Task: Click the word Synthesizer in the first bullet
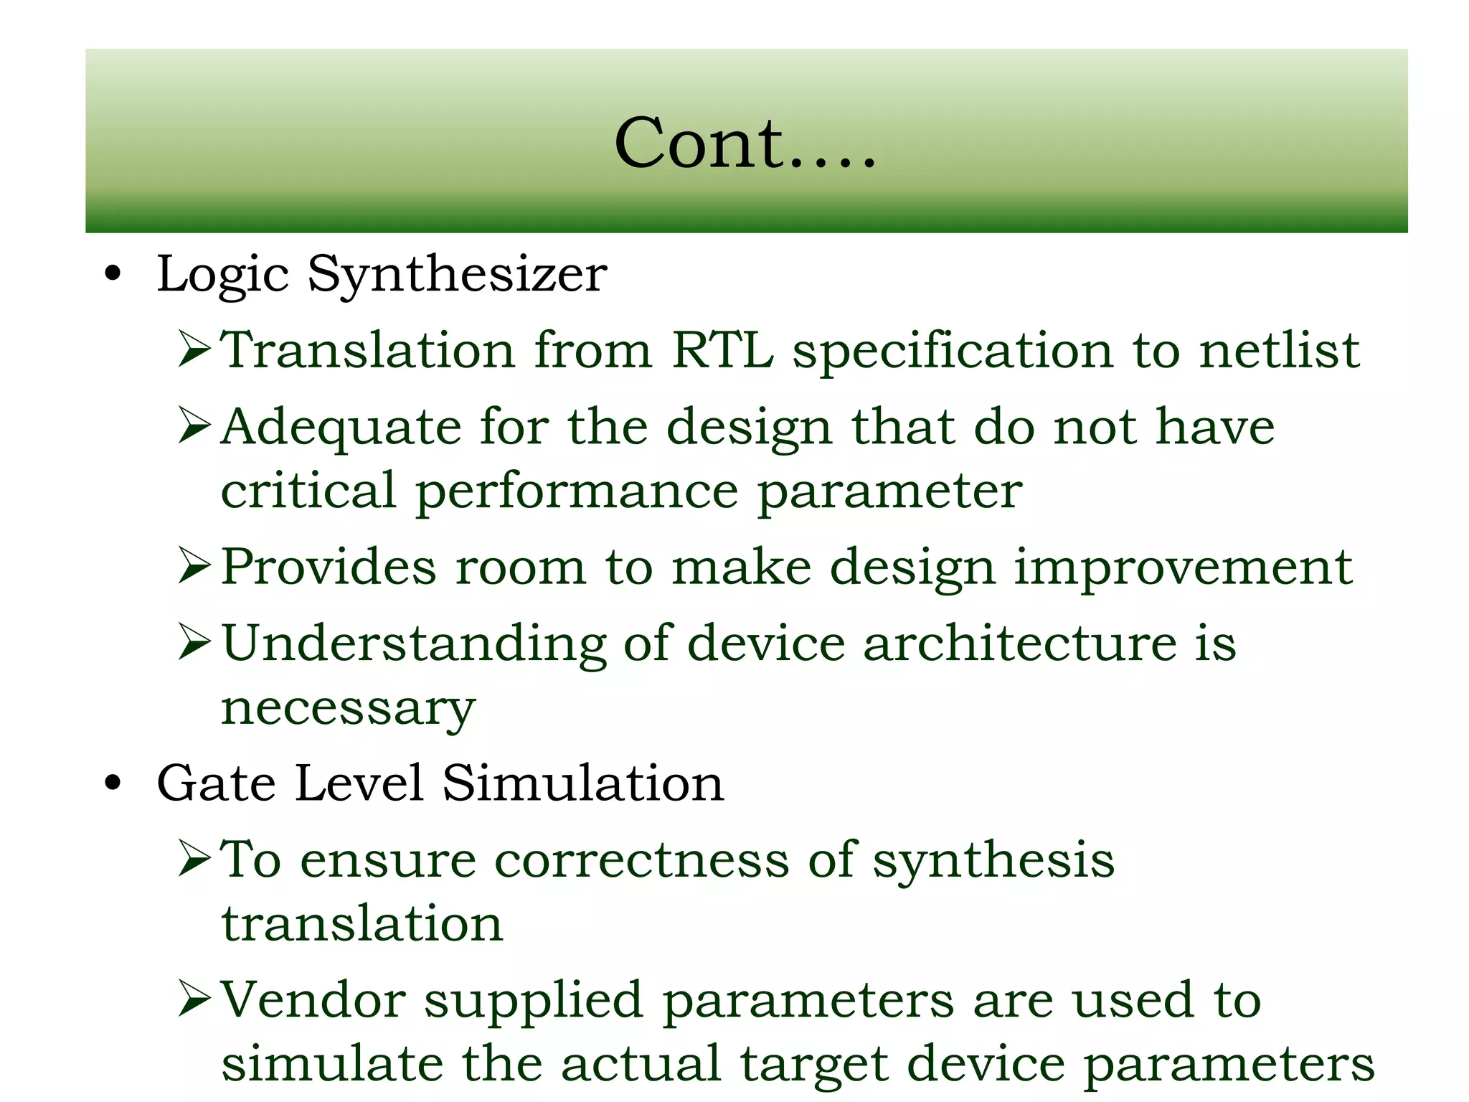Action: (457, 274)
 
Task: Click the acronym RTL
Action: (722, 350)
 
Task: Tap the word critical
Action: (308, 491)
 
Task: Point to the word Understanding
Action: (415, 644)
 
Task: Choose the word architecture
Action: (1019, 643)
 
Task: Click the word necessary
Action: (348, 709)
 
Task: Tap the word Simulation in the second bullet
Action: (583, 783)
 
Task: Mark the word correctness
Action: (642, 860)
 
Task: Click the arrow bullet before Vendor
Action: (194, 999)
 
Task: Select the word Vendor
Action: (313, 999)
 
